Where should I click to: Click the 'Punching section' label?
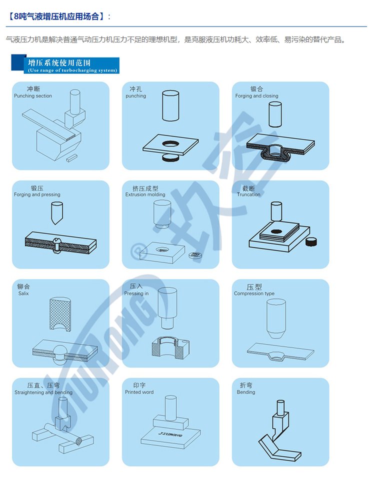point(33,95)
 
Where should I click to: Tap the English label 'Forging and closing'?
point(256,95)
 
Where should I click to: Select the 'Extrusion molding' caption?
point(145,194)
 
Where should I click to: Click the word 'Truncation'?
point(248,194)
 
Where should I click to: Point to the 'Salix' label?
point(23,293)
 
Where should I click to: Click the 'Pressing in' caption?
point(136,293)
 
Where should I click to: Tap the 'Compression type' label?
point(254,293)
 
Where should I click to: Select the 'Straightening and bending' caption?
point(43,392)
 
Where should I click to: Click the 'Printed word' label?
point(139,392)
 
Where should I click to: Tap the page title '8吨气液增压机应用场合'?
point(56,16)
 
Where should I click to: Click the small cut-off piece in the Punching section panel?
point(71,157)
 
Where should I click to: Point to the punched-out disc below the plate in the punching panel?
point(170,157)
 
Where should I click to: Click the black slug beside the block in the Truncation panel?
point(311,241)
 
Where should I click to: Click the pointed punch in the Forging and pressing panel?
point(56,213)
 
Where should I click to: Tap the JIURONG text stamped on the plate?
point(170,434)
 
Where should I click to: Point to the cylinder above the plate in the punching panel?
point(170,106)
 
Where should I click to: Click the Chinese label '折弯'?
point(246,385)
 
